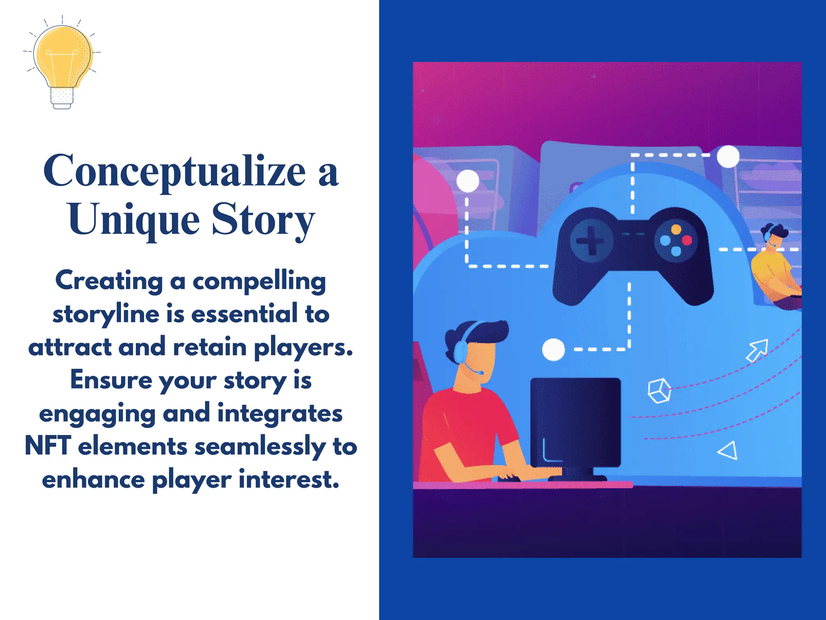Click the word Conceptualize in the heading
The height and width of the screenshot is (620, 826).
174,171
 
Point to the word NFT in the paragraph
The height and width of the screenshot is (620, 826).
48,446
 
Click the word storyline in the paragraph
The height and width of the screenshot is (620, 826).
106,314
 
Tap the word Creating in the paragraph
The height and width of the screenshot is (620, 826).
109,281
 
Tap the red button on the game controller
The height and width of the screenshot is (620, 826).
687,241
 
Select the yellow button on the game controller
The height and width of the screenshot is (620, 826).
676,230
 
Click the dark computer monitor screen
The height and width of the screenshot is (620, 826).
575,422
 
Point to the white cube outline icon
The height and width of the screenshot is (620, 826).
659,390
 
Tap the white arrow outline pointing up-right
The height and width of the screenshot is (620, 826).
757,350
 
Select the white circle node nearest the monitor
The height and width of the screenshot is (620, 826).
553,350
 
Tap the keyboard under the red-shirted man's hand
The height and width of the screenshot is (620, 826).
509,479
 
